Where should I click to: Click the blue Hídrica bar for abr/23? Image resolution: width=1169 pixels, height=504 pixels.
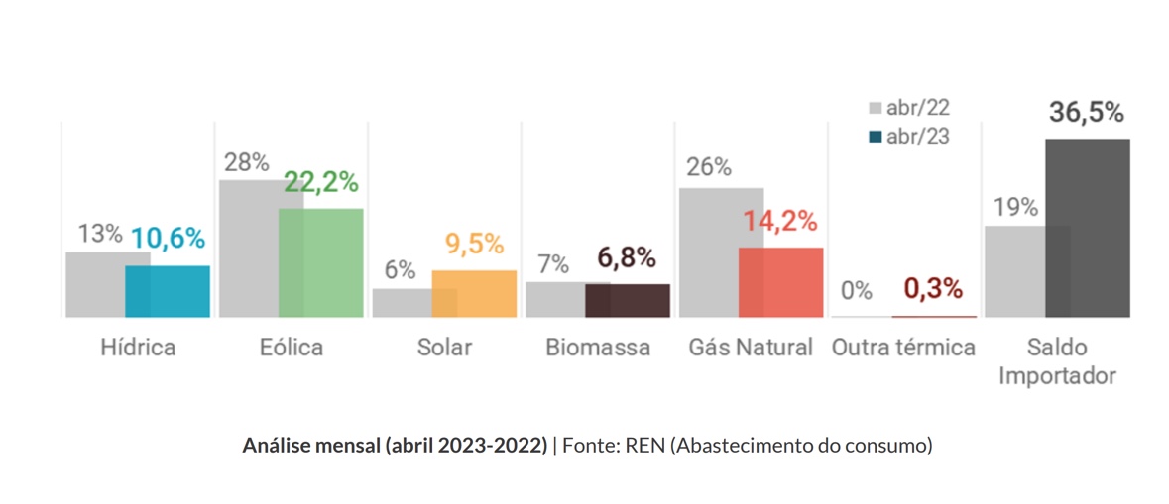point(168,291)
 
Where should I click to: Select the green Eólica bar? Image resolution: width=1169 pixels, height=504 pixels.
point(320,262)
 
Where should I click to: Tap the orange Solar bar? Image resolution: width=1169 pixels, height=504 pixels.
point(474,293)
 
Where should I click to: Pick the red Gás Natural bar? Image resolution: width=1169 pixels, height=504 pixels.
point(780,282)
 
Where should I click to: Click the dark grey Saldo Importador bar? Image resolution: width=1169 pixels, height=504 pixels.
point(1087,228)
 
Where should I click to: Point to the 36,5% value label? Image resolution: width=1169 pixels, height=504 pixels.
point(1086,113)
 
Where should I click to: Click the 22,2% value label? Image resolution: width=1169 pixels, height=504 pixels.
point(321,183)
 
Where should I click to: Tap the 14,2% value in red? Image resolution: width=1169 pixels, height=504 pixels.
point(781,221)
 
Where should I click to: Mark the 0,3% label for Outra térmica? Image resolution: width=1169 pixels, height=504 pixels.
point(933,289)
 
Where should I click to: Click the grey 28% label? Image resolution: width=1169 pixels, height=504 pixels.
point(246,162)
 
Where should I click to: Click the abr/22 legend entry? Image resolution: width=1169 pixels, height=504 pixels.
point(909,108)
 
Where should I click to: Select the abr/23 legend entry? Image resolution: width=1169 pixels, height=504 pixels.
point(909,137)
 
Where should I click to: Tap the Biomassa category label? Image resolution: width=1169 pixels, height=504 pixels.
point(598,348)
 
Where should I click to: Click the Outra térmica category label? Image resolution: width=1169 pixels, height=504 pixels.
point(904,348)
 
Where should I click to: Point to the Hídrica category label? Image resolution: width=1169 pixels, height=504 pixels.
point(138,348)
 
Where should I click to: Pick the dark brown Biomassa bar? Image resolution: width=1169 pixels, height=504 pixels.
point(627,300)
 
